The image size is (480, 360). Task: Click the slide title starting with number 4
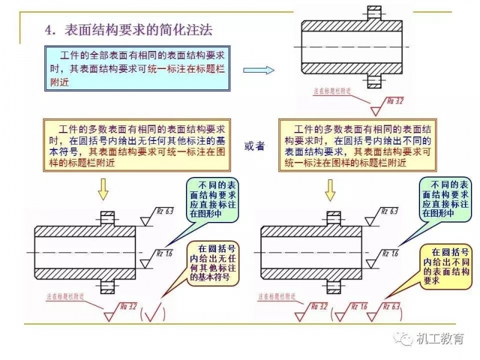[129, 29]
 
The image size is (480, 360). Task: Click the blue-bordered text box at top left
[137, 67]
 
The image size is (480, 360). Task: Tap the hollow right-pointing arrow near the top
[259, 70]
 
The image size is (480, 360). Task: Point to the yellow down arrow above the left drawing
[104, 189]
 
